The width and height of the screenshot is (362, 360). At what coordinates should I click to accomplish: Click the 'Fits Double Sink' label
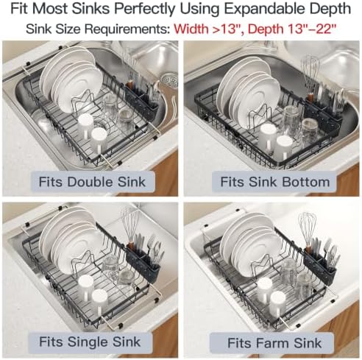click(x=93, y=182)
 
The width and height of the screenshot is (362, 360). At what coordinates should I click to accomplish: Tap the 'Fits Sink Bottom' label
click(x=275, y=182)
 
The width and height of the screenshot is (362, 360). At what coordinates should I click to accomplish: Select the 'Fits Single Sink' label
click(x=90, y=342)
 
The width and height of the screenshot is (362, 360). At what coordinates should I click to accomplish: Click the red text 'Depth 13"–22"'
click(x=292, y=29)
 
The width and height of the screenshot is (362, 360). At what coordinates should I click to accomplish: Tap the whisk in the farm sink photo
click(x=307, y=230)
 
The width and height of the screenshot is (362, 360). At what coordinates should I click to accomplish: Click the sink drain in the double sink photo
click(x=169, y=80)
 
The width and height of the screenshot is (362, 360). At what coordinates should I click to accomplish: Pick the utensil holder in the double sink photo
click(x=141, y=99)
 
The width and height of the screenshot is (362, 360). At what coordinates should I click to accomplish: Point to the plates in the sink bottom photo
click(x=248, y=91)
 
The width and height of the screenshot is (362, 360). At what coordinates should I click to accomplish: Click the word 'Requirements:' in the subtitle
click(x=127, y=29)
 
